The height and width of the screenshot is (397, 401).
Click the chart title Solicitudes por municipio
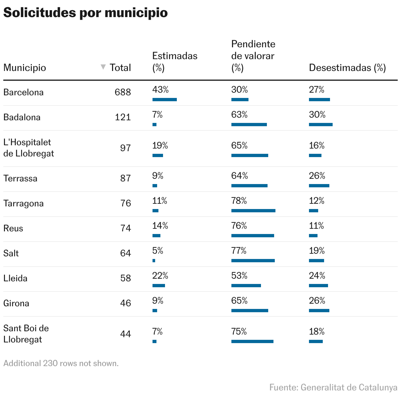tap(85, 13)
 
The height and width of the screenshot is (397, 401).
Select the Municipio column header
tap(25, 68)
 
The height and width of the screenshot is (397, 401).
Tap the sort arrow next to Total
tap(103, 67)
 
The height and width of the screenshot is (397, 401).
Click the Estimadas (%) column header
tap(175, 61)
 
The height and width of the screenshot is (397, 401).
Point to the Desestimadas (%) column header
tap(347, 68)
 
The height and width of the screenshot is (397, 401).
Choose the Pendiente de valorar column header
tap(253, 56)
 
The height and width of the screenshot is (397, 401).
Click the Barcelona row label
tap(23, 92)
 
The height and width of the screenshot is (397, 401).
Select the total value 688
tap(123, 92)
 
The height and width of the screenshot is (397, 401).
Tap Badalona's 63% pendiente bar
tap(249, 125)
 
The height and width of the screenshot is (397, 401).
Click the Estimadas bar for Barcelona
tap(164, 100)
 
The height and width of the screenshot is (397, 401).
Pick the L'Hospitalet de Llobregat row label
tap(28, 148)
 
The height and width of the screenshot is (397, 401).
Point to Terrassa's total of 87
tap(125, 178)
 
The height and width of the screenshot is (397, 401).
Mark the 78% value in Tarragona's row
tap(239, 201)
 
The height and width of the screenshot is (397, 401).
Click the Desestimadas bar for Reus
tap(313, 236)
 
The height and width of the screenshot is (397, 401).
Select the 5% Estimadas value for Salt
tap(158, 251)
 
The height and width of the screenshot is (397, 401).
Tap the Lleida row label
tap(15, 278)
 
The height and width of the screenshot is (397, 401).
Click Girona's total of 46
tap(125, 303)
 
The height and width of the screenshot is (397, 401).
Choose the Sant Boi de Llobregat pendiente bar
tap(252, 341)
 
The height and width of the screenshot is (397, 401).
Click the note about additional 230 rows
tap(61, 363)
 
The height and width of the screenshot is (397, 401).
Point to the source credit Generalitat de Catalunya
tap(333, 387)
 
